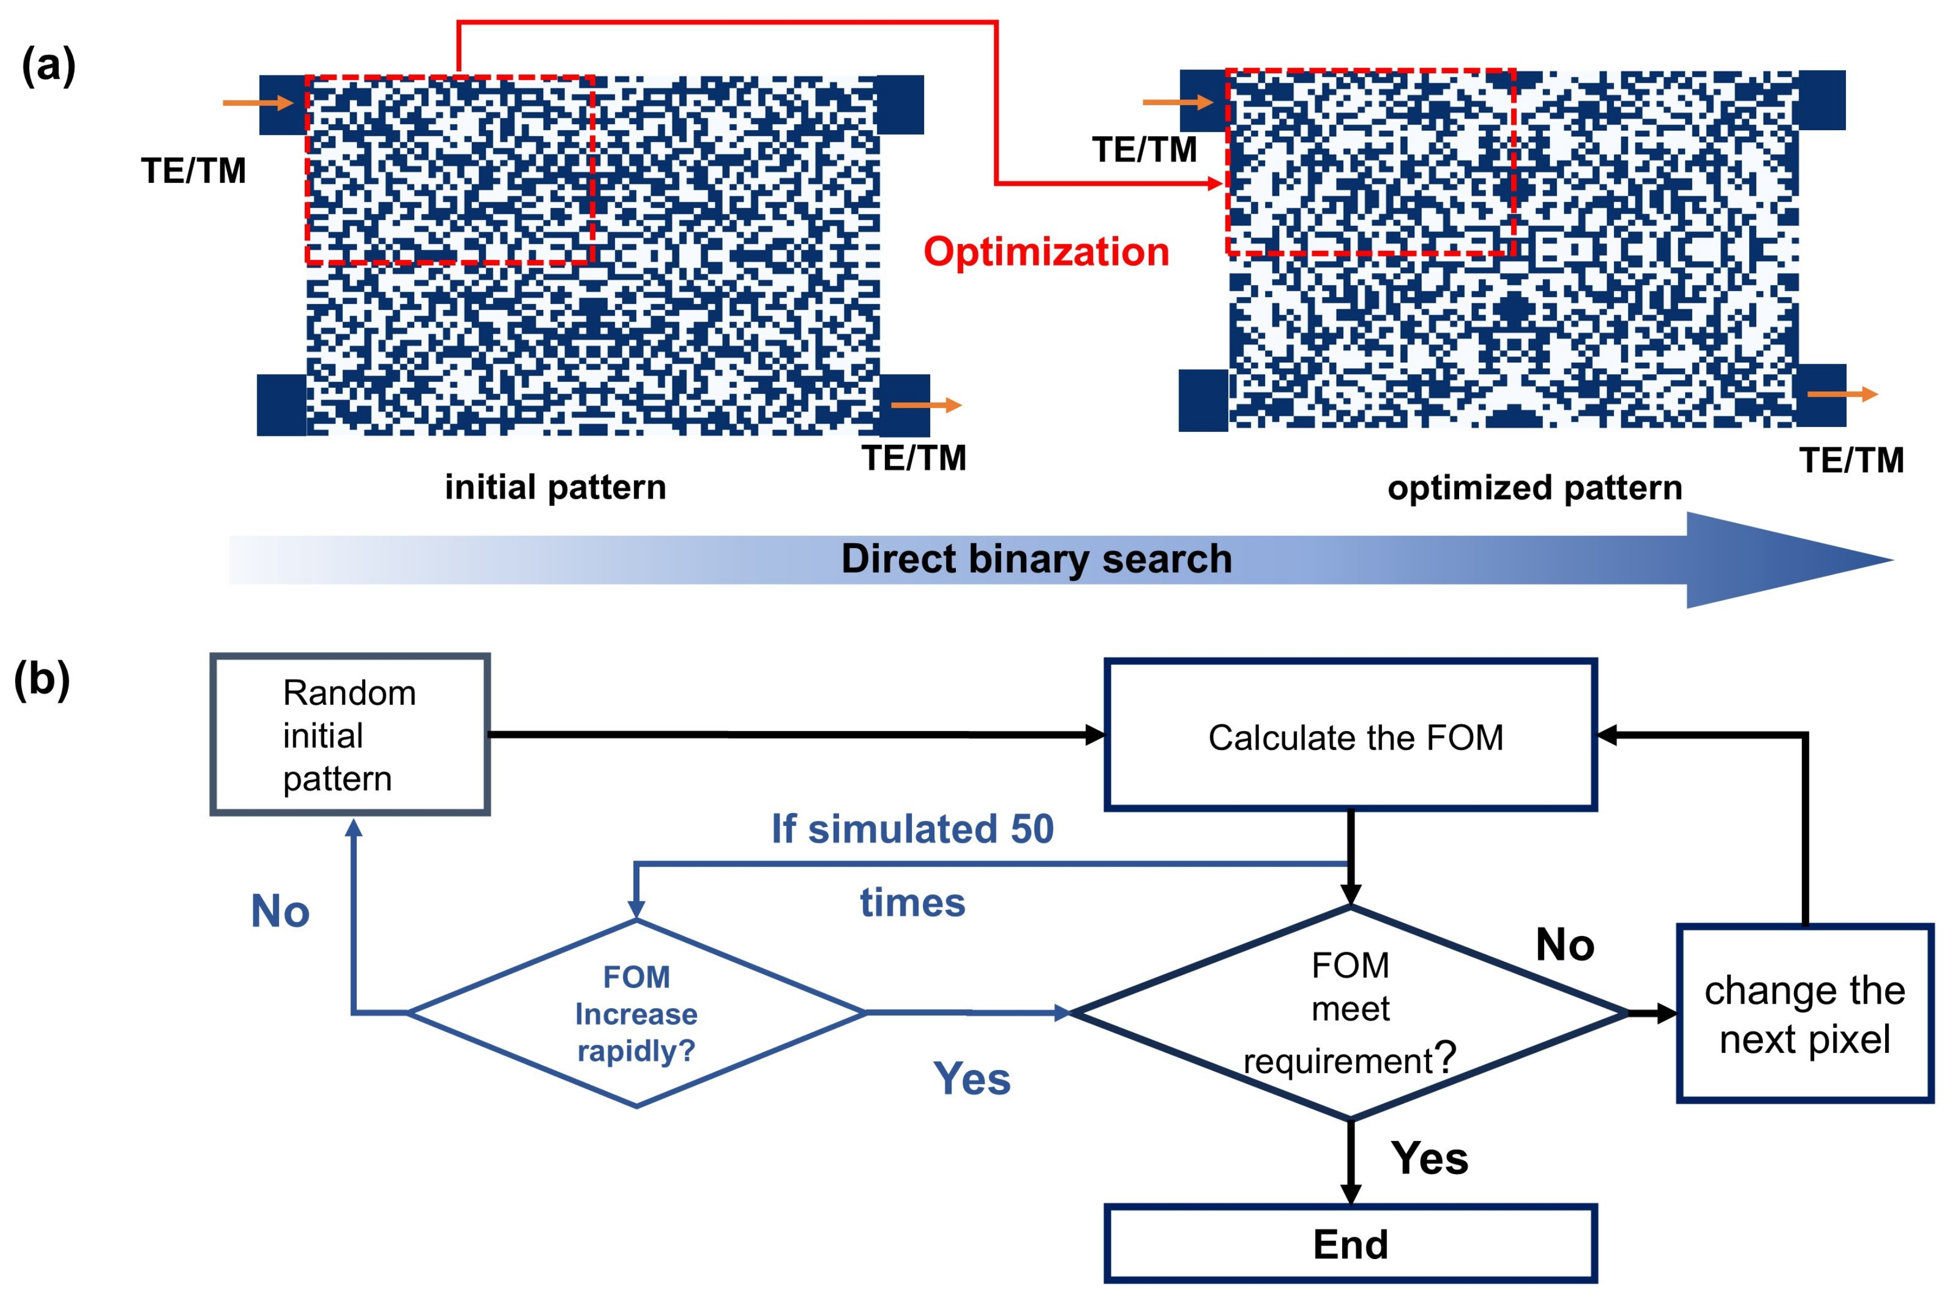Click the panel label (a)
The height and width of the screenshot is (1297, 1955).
pyautogui.click(x=48, y=66)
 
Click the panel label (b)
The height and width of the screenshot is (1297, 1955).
pyautogui.click(x=41, y=680)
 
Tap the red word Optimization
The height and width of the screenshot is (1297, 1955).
pyautogui.click(x=1046, y=251)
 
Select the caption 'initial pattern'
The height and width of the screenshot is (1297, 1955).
pyautogui.click(x=555, y=487)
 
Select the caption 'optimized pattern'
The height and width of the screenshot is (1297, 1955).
pyautogui.click(x=1535, y=488)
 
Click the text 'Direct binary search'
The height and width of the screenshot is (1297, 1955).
pyautogui.click(x=1036, y=559)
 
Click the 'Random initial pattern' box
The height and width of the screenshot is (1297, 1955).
pyautogui.click(x=350, y=734)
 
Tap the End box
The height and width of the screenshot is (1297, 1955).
pyautogui.click(x=1350, y=1244)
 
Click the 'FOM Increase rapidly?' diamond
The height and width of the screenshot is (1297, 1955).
pyautogui.click(x=636, y=1013)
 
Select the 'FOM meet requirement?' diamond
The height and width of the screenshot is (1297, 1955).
pyautogui.click(x=1350, y=1013)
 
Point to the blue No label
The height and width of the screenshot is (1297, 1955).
pyautogui.click(x=281, y=911)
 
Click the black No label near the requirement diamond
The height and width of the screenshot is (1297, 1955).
pyautogui.click(x=1564, y=944)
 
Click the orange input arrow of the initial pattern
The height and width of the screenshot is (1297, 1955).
pyautogui.click(x=258, y=103)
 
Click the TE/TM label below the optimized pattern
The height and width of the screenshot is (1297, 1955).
pyautogui.click(x=1852, y=460)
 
